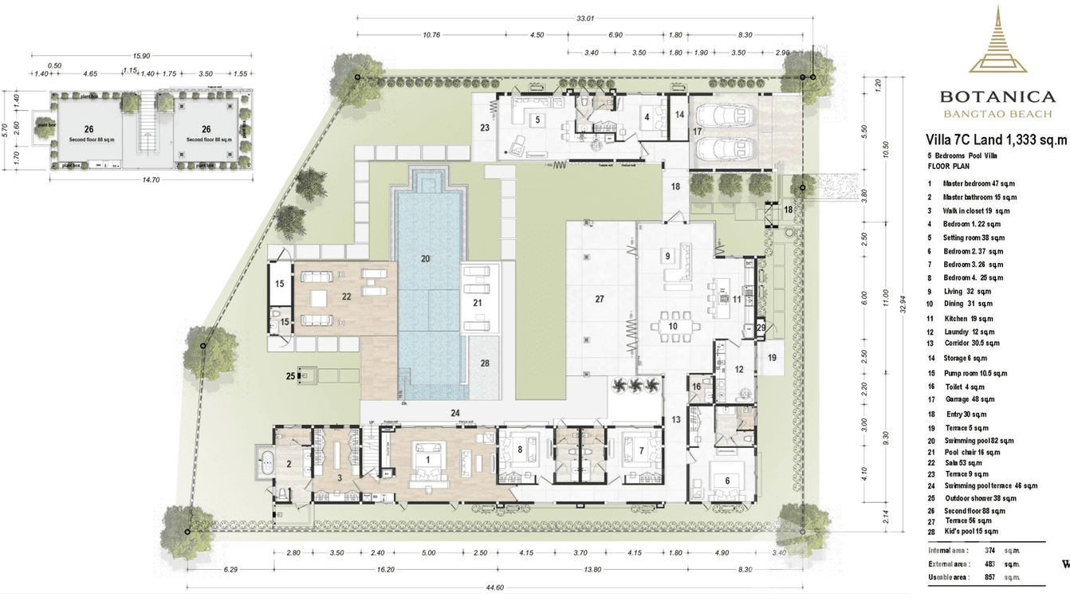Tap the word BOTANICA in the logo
tap(997, 97)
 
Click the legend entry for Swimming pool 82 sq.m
tap(978, 441)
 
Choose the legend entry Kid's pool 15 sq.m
tap(971, 531)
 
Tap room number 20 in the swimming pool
tap(425, 258)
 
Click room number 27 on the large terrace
tap(600, 300)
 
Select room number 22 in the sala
tap(346, 296)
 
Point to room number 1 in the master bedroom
tap(428, 460)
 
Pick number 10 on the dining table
tap(673, 326)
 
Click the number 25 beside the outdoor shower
tap(290, 375)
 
